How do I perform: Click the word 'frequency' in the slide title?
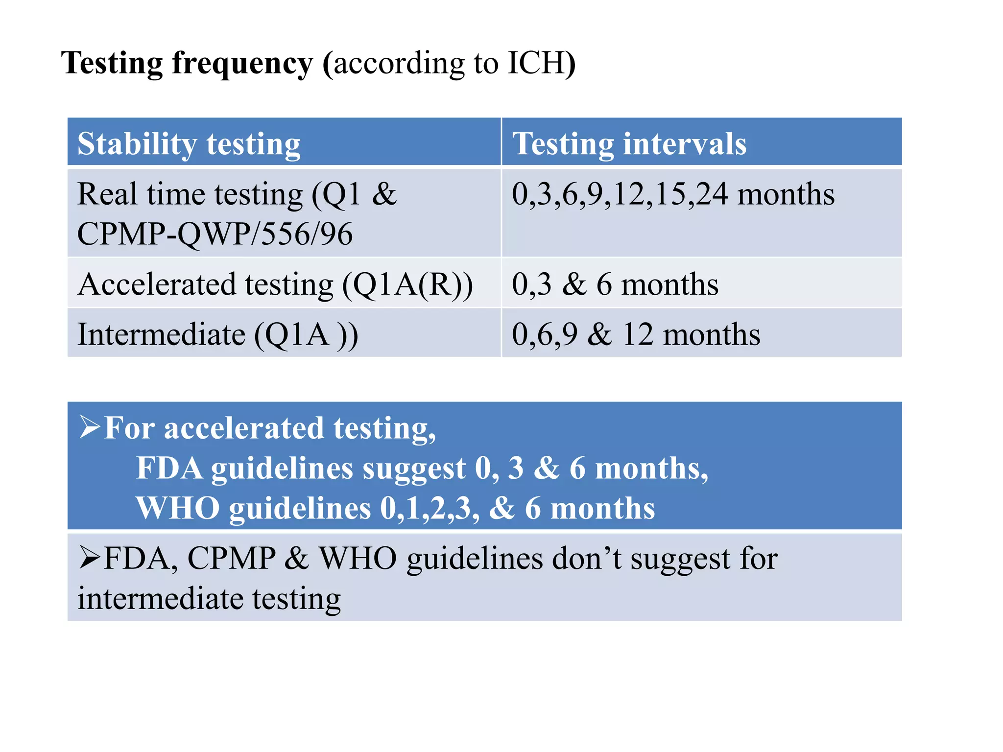tap(242, 64)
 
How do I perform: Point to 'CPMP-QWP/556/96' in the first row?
tap(215, 234)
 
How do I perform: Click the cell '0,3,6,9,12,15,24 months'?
tap(673, 194)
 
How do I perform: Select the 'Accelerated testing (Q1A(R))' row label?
tap(275, 284)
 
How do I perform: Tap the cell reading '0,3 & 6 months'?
tap(615, 284)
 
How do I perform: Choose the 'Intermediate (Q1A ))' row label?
tap(218, 335)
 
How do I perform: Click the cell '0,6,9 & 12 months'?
tap(636, 335)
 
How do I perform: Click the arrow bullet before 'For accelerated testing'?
tap(90, 427)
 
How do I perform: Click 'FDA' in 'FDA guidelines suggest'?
tap(169, 468)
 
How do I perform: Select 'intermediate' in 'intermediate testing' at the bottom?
tap(160, 598)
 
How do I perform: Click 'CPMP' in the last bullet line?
tap(231, 558)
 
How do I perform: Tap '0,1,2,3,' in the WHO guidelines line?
tap(430, 508)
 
